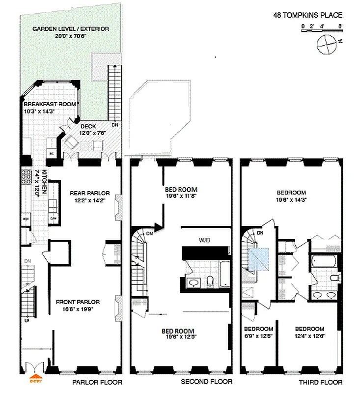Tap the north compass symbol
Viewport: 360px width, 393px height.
click(326, 45)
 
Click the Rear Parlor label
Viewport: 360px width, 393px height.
click(89, 193)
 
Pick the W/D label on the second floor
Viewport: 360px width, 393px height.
click(204, 240)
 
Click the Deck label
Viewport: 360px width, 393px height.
click(88, 126)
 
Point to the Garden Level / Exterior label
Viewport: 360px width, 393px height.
click(71, 29)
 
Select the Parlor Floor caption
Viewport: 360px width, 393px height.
click(97, 382)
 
